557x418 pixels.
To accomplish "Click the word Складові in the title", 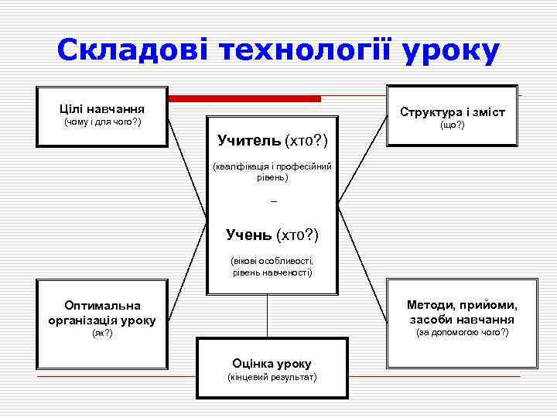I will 132,50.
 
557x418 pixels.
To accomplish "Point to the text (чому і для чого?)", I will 101,122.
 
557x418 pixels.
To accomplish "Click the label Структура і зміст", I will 452,112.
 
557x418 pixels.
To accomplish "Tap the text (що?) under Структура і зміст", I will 452,125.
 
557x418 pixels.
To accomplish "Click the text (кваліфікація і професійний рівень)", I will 272,171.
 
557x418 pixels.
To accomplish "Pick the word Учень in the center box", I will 248,234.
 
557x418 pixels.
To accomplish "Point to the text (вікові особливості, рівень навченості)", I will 272,266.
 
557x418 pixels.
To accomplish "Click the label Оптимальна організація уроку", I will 101,313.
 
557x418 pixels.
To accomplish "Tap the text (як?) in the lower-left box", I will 101,333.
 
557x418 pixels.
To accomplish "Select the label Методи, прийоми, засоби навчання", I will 462,312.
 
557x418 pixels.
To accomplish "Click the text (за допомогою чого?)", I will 462,332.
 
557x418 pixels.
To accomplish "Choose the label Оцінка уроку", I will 272,362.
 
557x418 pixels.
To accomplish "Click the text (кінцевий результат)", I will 272,377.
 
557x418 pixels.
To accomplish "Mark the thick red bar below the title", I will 244,99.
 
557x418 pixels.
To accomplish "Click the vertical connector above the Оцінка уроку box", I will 267,316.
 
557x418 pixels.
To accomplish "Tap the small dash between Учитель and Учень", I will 274,202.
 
